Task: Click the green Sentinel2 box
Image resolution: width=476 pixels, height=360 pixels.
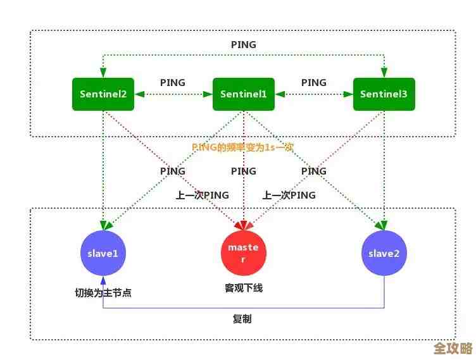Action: pyautogui.click(x=103, y=94)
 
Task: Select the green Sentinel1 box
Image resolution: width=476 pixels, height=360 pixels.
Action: pyautogui.click(x=244, y=94)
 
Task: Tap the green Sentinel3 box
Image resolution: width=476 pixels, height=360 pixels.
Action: pyautogui.click(x=384, y=94)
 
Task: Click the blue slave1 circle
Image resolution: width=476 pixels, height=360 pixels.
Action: pyautogui.click(x=103, y=253)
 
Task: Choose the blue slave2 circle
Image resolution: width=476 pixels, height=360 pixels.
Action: pyautogui.click(x=384, y=253)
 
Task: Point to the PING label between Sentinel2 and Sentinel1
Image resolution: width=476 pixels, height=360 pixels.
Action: pyautogui.click(x=173, y=83)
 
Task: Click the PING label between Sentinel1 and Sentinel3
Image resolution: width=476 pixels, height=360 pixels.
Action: pyautogui.click(x=314, y=83)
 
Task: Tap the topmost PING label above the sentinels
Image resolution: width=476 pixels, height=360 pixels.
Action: pyautogui.click(x=244, y=45)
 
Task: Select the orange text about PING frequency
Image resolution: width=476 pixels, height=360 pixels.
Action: pyautogui.click(x=242, y=147)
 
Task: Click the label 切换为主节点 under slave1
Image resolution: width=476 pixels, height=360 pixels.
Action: pyautogui.click(x=103, y=293)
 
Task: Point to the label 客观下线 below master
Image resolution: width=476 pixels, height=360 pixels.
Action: pyautogui.click(x=244, y=288)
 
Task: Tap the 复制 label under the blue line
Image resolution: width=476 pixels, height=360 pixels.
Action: pyautogui.click(x=242, y=319)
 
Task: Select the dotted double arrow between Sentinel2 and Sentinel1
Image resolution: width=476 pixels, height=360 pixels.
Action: pyautogui.click(x=173, y=95)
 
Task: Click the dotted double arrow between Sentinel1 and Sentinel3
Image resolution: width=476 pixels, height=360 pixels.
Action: pyautogui.click(x=314, y=95)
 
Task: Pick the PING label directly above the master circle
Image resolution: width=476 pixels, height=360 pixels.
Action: pyautogui.click(x=244, y=171)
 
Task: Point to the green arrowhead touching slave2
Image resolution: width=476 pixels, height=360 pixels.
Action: pyautogui.click(x=382, y=225)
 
